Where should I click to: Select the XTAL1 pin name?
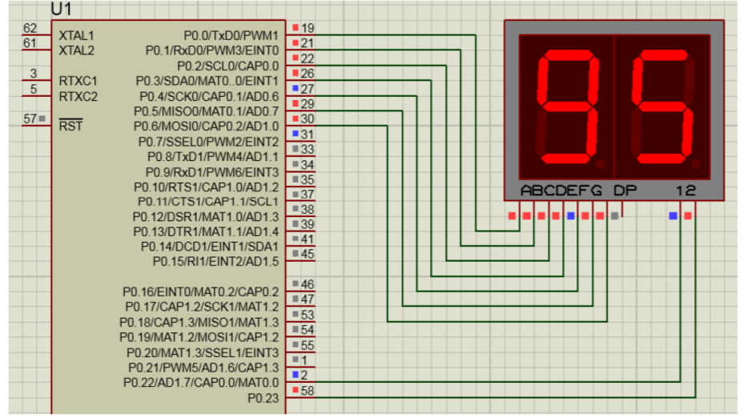click(77, 36)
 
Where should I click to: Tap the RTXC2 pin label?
click(78, 97)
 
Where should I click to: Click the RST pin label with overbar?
click(70, 126)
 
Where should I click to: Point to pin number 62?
click(30, 28)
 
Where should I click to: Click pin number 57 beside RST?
click(30, 119)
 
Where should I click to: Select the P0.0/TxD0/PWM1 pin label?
click(231, 36)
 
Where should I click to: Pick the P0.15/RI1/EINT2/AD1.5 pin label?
click(215, 261)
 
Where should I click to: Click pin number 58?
click(308, 390)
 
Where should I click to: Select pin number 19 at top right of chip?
click(307, 28)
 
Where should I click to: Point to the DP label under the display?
click(625, 191)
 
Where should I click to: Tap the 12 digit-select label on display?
click(685, 191)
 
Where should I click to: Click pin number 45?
click(308, 254)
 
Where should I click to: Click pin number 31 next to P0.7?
click(308, 134)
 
